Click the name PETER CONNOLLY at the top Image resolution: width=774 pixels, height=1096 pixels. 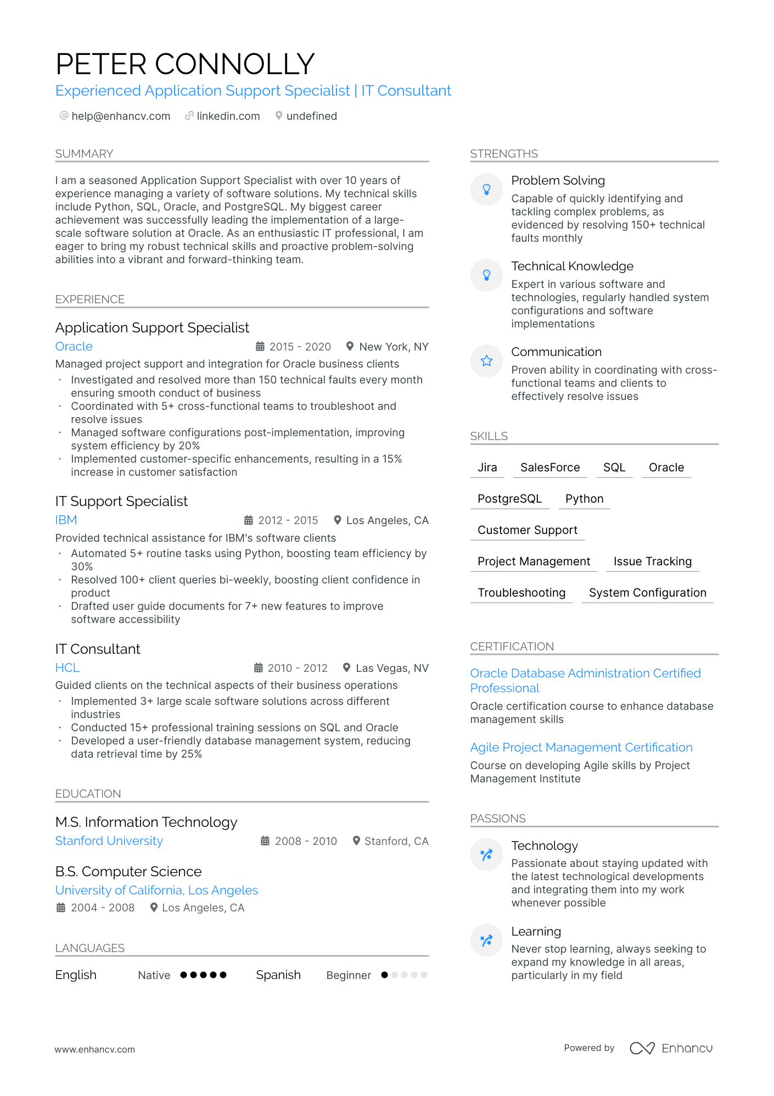tap(185, 64)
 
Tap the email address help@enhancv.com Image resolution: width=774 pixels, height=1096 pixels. tap(121, 116)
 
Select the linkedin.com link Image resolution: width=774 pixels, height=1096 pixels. tap(228, 116)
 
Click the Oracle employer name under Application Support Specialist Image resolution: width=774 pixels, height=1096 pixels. tap(74, 347)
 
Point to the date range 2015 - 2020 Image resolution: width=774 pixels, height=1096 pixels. tap(300, 347)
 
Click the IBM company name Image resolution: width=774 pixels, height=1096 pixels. tap(66, 520)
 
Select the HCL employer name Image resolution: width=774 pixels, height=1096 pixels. tap(68, 668)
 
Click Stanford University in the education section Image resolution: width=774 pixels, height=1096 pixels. tap(109, 841)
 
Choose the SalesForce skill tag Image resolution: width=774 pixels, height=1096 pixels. tap(550, 468)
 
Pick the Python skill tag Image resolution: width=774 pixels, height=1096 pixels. tap(584, 499)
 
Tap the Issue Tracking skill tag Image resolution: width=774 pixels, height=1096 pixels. tap(652, 561)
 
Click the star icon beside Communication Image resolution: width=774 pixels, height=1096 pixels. tap(486, 361)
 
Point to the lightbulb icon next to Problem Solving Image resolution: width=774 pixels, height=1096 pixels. tap(486, 190)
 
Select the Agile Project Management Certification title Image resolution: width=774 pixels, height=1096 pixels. tap(581, 748)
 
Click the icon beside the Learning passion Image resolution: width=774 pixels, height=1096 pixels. tap(486, 941)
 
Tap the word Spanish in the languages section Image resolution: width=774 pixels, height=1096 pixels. tap(278, 975)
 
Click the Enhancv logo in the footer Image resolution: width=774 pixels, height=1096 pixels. tap(671, 1048)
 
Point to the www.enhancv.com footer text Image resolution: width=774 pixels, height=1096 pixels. tap(94, 1049)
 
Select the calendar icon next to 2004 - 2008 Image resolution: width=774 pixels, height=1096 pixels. tap(61, 908)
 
